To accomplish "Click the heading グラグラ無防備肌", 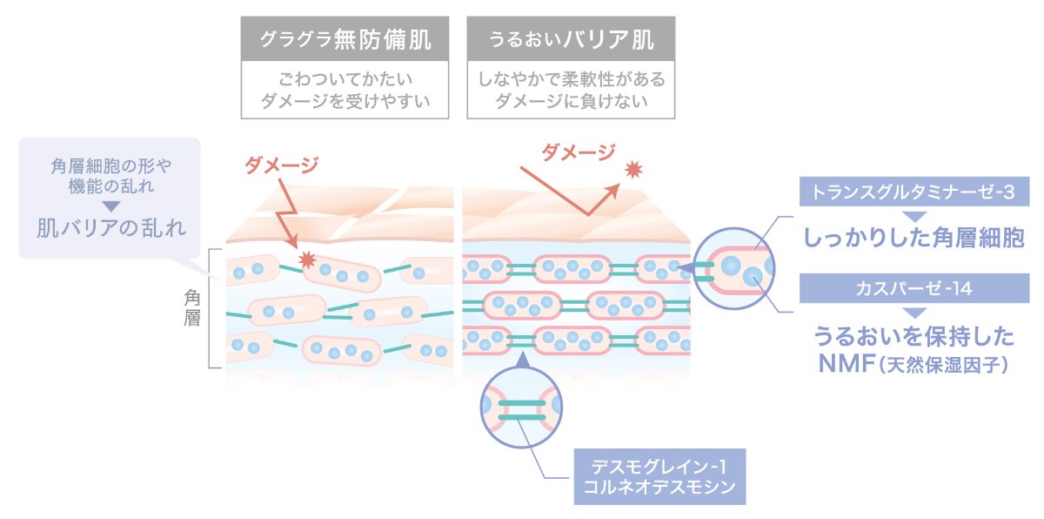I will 346,39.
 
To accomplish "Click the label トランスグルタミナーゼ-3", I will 913,191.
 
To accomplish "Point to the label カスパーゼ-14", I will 913,288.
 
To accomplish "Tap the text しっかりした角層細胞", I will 913,238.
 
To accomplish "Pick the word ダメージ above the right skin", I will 578,152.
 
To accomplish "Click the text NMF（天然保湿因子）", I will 913,364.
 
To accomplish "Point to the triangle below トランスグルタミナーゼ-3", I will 913,213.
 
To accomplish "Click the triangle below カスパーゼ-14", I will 913,311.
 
